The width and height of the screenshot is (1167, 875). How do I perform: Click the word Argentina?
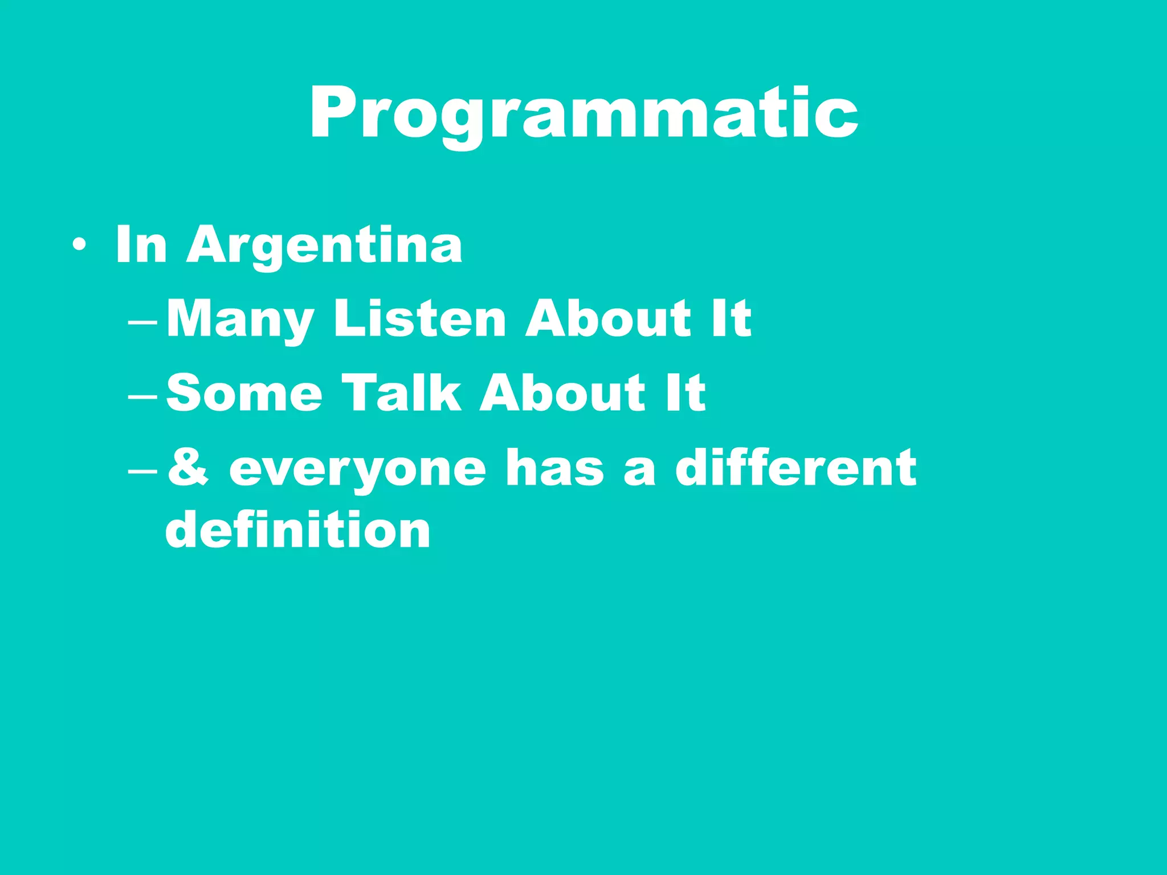(x=324, y=246)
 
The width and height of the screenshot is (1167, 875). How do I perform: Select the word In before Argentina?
(x=141, y=244)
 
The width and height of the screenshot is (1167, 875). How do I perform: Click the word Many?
(x=240, y=319)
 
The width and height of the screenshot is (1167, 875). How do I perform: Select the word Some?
(x=244, y=392)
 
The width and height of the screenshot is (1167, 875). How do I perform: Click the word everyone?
(x=357, y=469)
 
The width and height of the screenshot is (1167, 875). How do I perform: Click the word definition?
(x=298, y=529)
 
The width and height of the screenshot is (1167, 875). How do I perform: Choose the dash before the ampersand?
(x=143, y=472)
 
